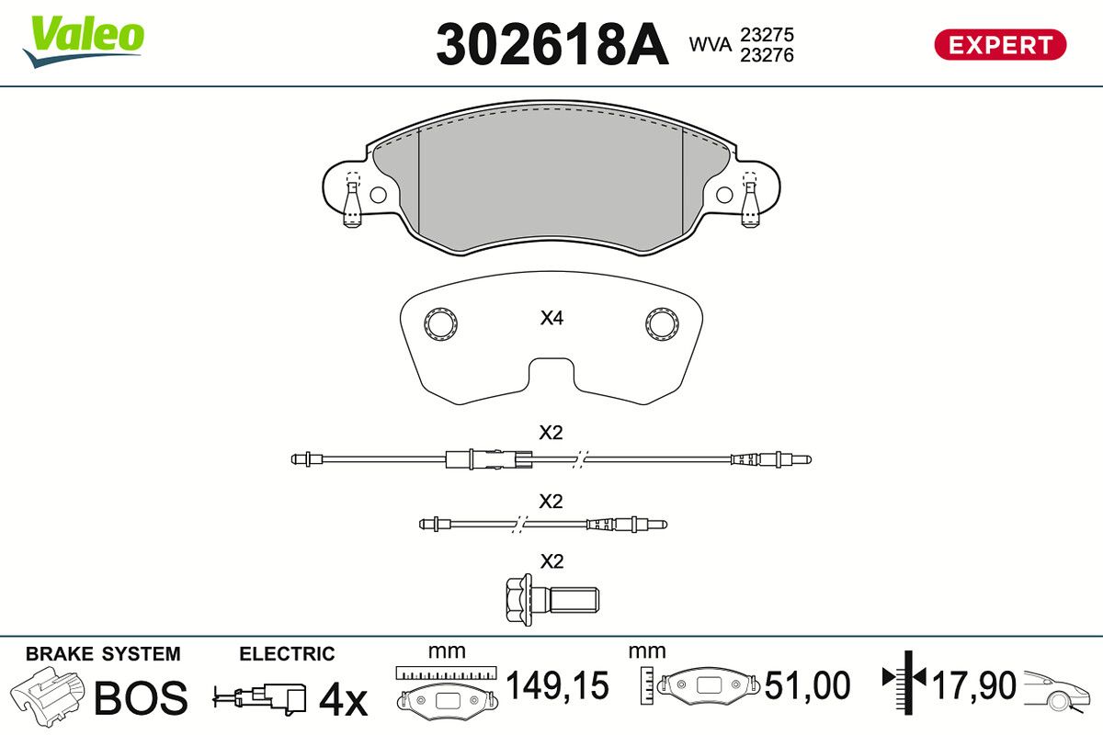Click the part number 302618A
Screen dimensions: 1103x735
coord(552,44)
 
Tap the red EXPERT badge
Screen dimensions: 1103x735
coord(1000,45)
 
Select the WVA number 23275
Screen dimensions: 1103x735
coord(767,35)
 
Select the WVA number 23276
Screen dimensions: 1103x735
coord(767,55)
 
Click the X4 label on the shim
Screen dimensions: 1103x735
coord(551,318)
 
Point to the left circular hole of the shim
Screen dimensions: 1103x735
coord(440,324)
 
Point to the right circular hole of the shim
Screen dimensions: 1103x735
coord(663,324)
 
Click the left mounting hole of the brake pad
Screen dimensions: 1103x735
coord(378,195)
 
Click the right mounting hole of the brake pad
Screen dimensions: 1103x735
coord(724,195)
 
